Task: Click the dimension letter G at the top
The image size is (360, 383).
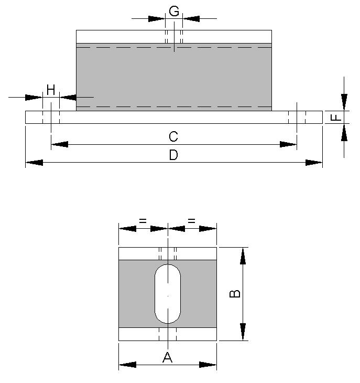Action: [174, 11]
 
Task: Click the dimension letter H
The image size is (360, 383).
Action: [50, 90]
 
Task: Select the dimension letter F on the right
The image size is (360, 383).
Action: [337, 117]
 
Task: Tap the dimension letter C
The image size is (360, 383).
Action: [173, 137]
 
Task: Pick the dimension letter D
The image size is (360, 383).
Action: [173, 156]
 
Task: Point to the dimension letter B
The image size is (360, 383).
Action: [236, 293]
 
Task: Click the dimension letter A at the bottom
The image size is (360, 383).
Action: [167, 358]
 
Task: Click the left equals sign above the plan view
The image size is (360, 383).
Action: [143, 222]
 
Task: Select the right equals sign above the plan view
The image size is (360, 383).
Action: [191, 222]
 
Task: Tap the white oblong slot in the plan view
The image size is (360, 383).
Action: [167, 293]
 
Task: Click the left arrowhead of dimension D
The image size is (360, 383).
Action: [34, 163]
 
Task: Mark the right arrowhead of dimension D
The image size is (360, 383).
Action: [314, 163]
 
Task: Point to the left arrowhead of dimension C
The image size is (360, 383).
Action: [59, 144]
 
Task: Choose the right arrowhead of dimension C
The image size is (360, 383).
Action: [288, 144]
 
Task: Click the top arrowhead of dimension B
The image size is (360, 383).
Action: [243, 256]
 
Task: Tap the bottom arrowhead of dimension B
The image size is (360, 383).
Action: [243, 332]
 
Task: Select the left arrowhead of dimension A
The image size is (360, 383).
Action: [127, 365]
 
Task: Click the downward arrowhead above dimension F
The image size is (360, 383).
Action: [344, 102]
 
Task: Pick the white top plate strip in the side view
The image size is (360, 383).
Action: [173, 36]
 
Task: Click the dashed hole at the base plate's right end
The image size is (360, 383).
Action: [297, 117]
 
